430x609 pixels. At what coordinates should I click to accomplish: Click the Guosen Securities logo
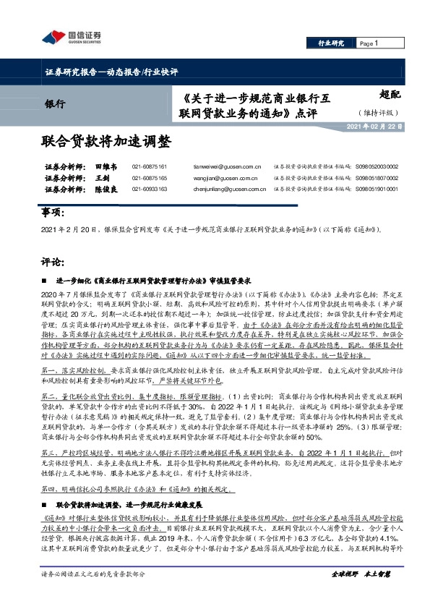(71, 36)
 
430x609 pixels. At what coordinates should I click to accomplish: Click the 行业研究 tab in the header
(331, 43)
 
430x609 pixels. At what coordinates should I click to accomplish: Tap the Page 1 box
(369, 43)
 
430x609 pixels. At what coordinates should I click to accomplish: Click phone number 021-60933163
(150, 189)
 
